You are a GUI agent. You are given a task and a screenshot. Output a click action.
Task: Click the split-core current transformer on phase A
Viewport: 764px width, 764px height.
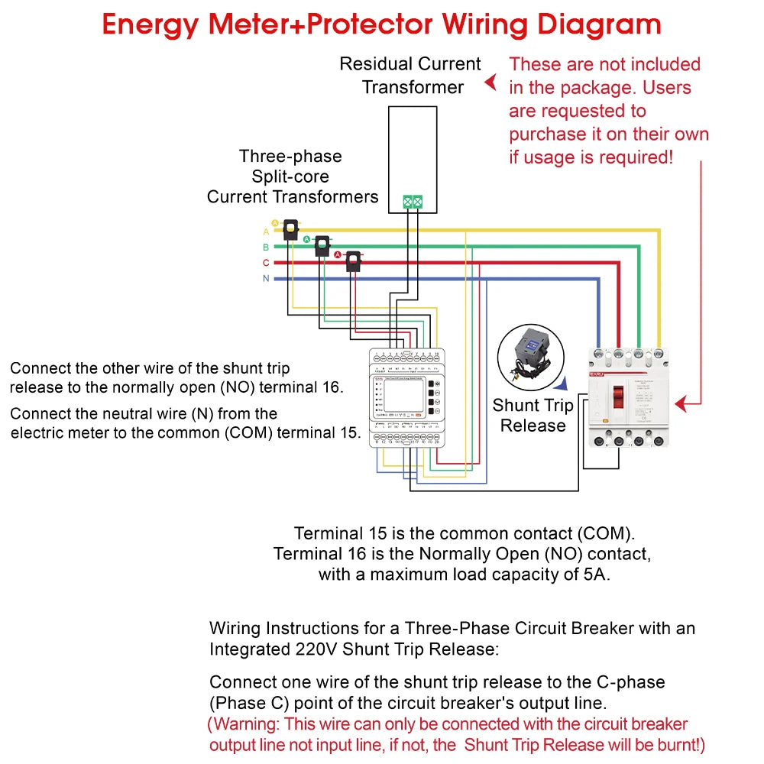click(291, 230)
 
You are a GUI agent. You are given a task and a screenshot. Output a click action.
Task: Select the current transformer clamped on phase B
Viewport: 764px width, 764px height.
click(323, 246)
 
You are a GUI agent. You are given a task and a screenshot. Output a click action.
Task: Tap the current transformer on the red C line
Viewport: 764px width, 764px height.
click(353, 262)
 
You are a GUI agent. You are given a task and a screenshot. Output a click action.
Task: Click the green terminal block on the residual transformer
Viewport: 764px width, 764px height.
click(413, 202)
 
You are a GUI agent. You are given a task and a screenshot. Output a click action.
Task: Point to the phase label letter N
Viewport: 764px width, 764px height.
click(266, 279)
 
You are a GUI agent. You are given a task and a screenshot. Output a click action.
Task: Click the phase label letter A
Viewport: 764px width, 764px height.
click(266, 231)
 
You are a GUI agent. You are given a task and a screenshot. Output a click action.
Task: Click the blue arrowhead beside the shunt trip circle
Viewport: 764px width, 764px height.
click(562, 386)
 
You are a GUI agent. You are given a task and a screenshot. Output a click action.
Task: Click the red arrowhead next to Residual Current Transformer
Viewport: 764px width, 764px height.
click(491, 81)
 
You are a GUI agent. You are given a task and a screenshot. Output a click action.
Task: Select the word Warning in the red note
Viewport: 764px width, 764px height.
click(244, 724)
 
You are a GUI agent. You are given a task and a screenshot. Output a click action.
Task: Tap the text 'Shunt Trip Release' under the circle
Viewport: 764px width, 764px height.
click(533, 416)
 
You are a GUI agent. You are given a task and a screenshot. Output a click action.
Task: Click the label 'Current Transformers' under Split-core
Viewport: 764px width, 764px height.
click(293, 197)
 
